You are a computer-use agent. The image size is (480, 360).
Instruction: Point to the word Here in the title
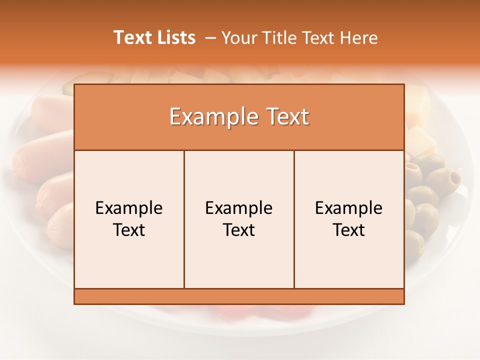359,37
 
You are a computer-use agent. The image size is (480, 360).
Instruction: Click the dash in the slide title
210,38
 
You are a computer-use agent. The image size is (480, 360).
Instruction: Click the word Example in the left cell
129,208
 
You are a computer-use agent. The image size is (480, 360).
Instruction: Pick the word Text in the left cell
129,230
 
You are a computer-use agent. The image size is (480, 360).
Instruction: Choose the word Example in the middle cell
239,208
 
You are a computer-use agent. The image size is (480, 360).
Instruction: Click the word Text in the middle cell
239,230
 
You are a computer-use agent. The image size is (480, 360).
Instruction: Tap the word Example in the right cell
349,208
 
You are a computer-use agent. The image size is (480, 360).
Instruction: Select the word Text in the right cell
349,230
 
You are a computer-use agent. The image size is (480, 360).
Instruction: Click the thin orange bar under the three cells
239,296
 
